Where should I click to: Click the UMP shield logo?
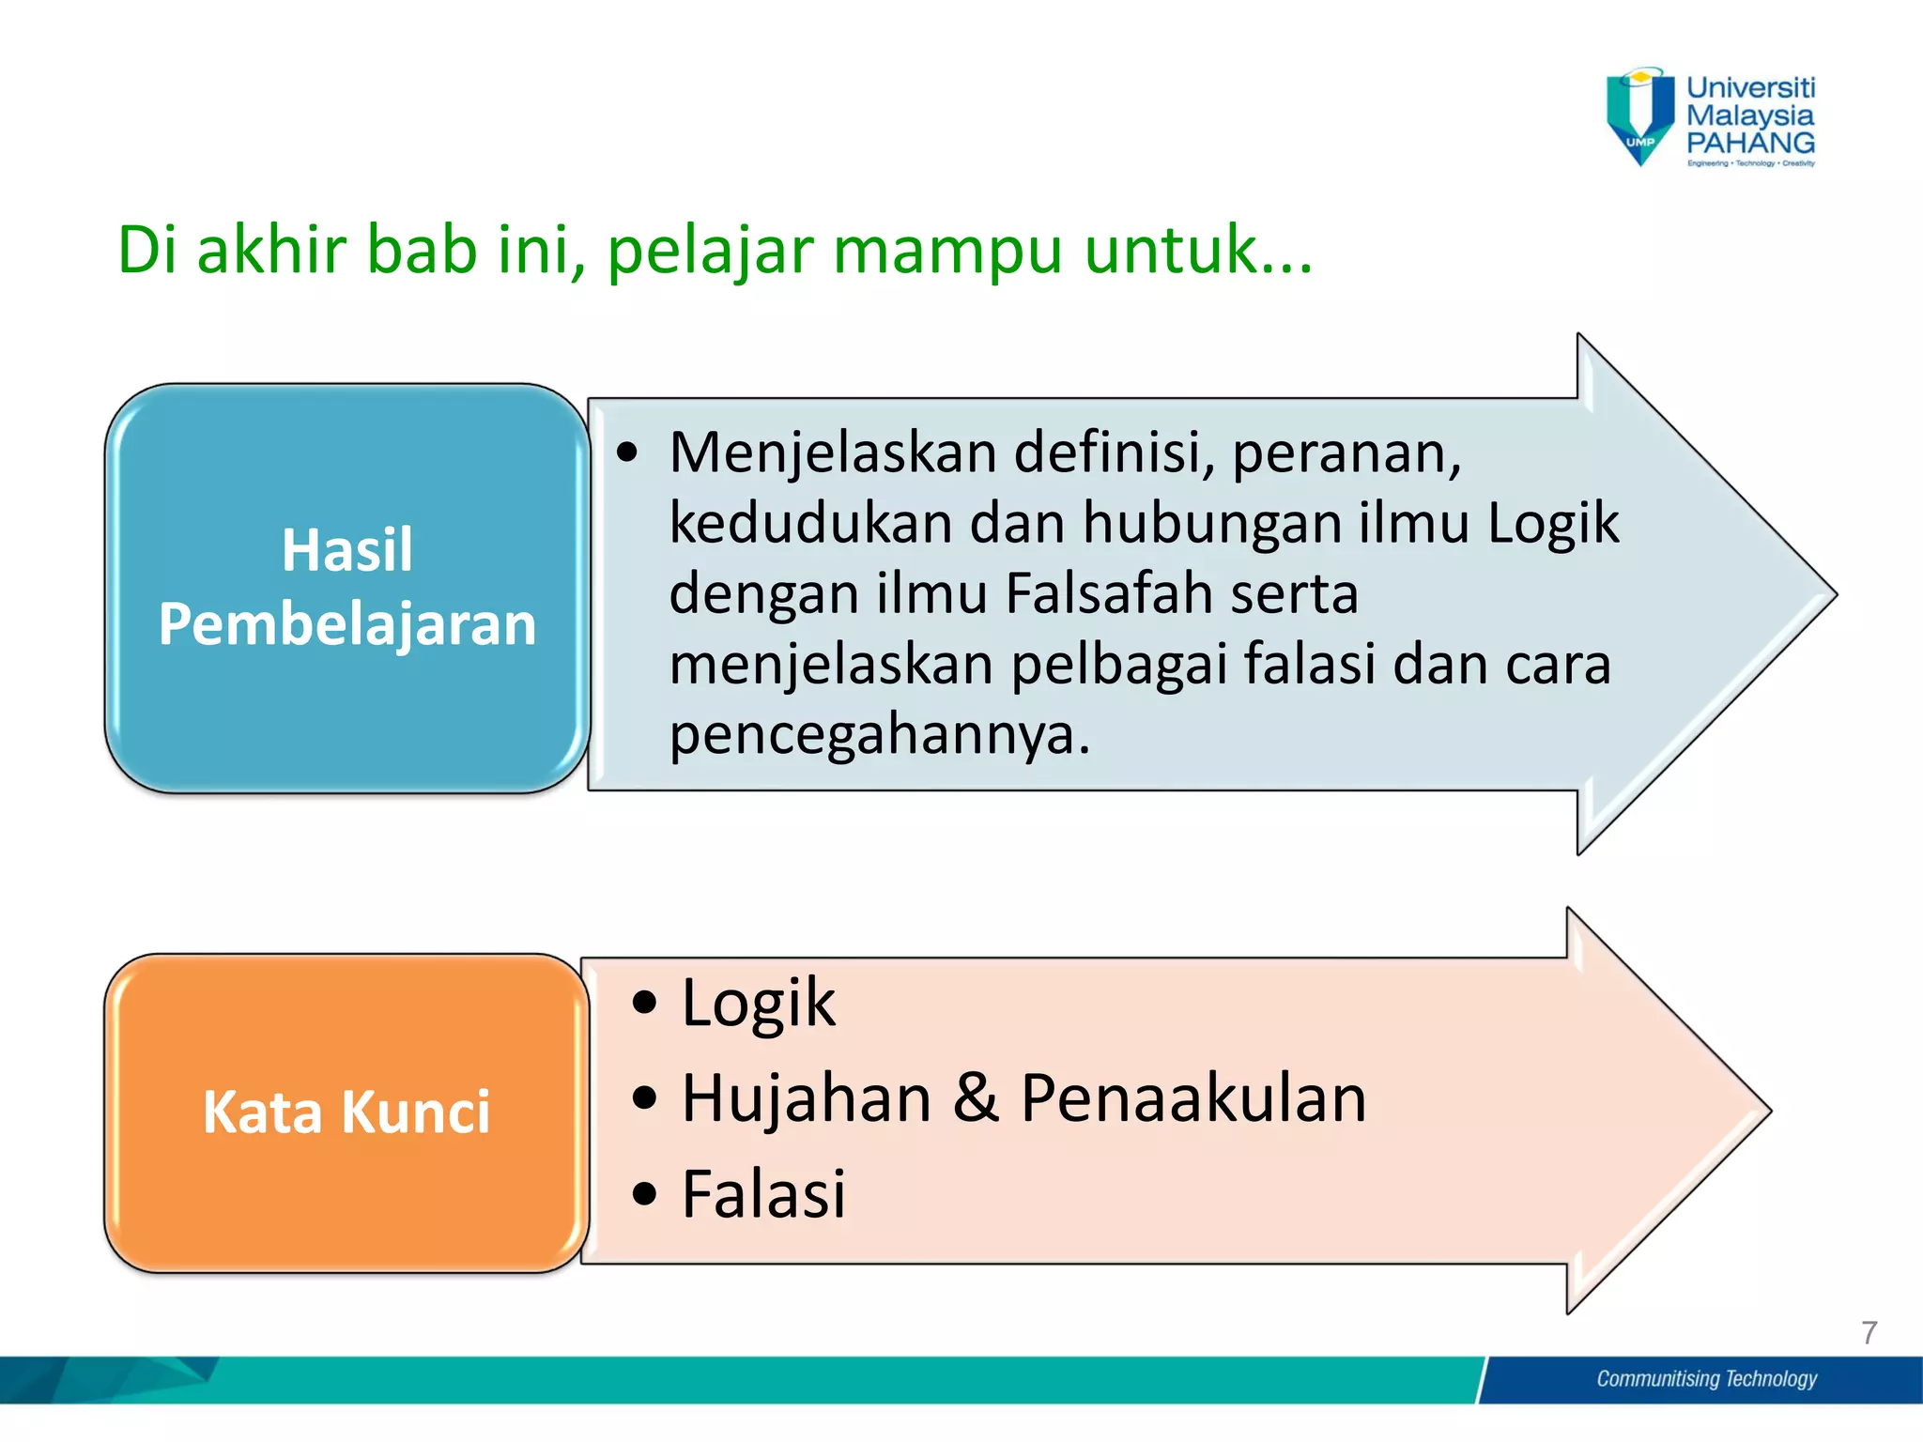[x=1639, y=115]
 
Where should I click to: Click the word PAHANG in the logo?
[x=1750, y=144]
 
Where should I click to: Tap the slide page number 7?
[x=1869, y=1332]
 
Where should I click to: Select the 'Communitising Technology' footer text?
[x=1706, y=1378]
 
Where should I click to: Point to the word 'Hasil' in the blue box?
[x=346, y=550]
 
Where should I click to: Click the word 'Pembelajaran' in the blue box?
[x=346, y=624]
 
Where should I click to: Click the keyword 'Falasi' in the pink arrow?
[x=763, y=1194]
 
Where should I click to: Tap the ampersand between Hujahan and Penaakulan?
[x=976, y=1098]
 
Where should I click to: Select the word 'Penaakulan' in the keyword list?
[x=1192, y=1098]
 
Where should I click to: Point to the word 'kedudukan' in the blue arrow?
[x=810, y=523]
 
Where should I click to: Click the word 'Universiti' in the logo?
[x=1750, y=87]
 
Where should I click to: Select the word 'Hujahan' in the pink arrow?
[x=806, y=1098]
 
